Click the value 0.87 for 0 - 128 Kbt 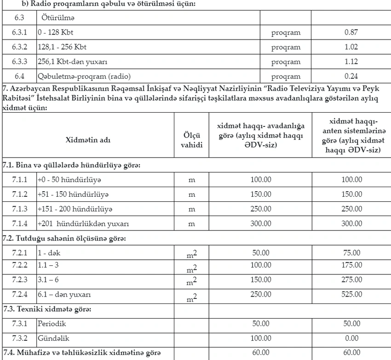[x=351, y=33]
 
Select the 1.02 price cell [x=351, y=47]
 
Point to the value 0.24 [x=351, y=76]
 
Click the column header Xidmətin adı [x=88, y=139]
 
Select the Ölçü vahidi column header [x=192, y=139]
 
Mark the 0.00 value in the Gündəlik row [x=351, y=338]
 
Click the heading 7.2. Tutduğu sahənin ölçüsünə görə [x=64, y=239]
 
